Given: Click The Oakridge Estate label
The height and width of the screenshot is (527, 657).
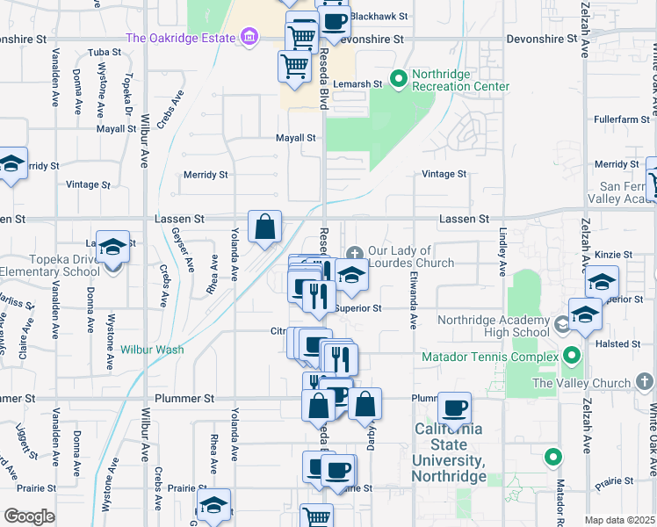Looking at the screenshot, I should coord(181,38).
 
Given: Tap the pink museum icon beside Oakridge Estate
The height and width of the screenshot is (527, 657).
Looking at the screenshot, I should coord(250,38).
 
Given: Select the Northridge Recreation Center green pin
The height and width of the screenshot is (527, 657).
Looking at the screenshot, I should coord(399,79).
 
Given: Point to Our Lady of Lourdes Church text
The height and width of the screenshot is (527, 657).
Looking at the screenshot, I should coord(411,257).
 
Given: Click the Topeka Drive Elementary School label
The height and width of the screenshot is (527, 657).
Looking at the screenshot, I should coord(52,266).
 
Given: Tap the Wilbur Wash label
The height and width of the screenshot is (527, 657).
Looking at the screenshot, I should coord(152,350).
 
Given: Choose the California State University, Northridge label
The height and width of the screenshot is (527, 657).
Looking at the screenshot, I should coord(450,452).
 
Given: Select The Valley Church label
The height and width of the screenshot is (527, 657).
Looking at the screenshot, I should coord(581,383).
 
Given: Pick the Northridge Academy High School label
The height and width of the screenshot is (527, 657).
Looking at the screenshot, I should coord(493,326).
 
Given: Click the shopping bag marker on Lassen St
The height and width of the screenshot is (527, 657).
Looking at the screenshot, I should coord(264,227).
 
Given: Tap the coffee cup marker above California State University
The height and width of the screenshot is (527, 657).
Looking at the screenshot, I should coord(454,408).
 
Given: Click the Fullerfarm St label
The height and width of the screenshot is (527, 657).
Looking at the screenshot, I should coord(618,119).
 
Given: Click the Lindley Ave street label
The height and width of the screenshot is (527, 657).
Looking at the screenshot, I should coord(503,249).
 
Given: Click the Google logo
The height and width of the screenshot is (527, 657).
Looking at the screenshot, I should coord(29,516).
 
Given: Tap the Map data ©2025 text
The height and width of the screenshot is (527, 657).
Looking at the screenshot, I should coord(618,520).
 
